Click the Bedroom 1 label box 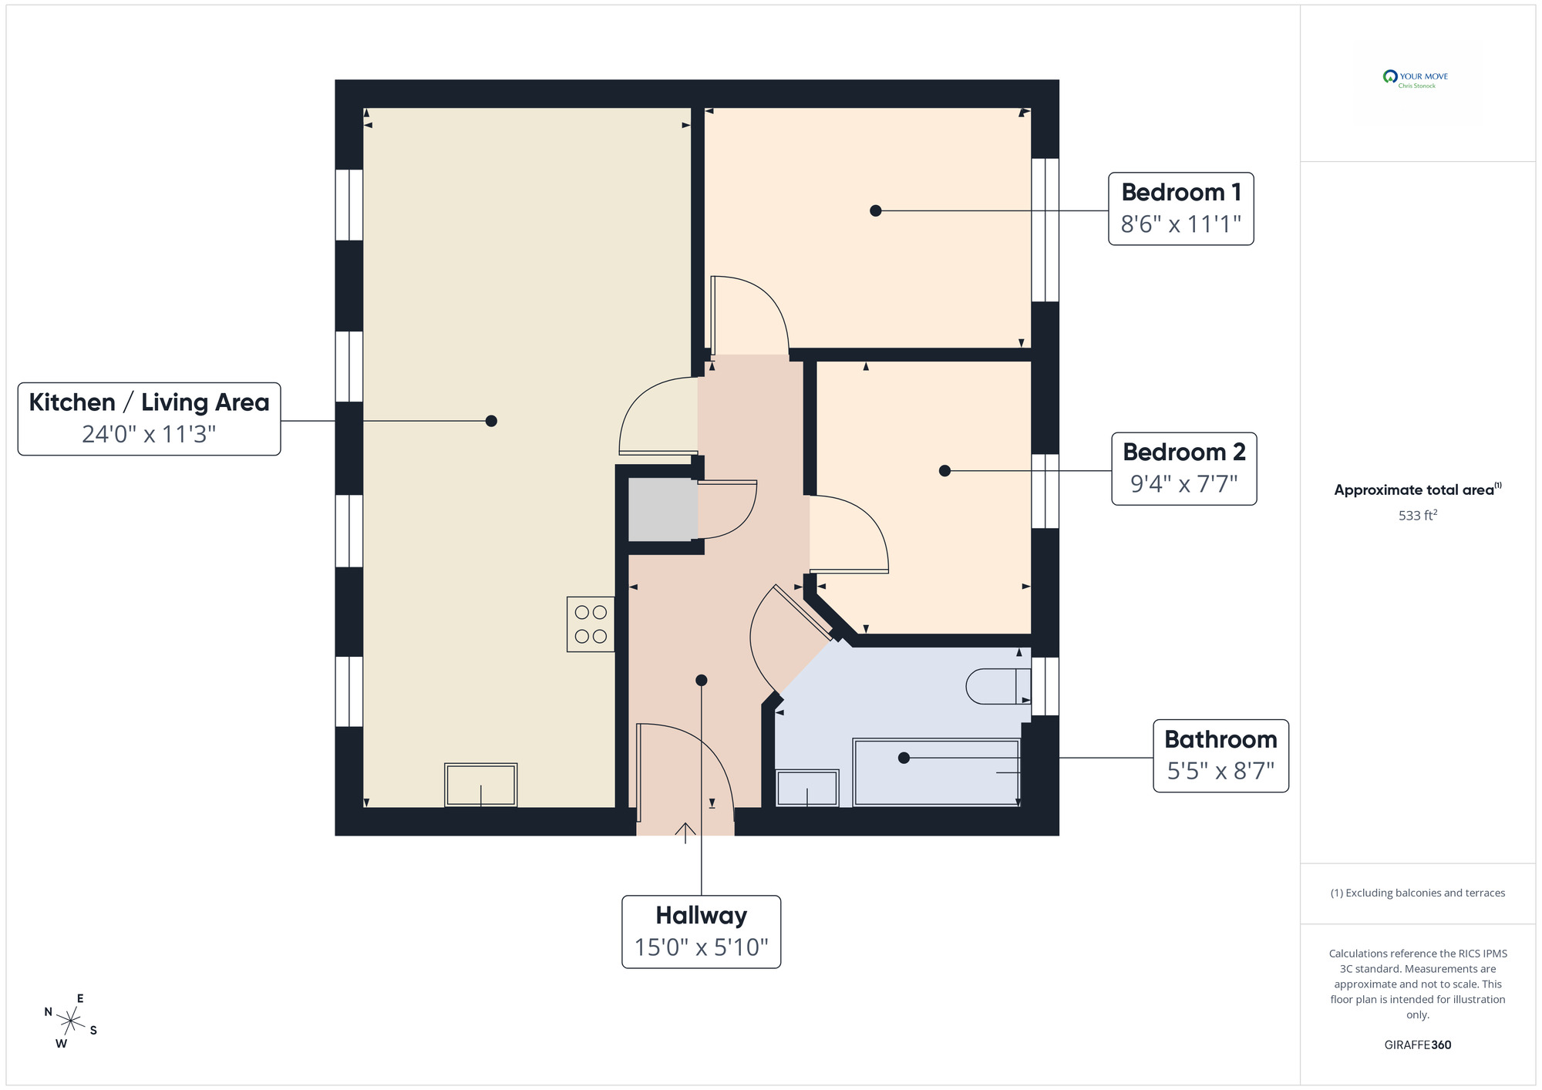pos(1180,209)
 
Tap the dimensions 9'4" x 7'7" pos(1183,484)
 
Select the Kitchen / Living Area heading pos(149,402)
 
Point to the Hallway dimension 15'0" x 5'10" pos(701,947)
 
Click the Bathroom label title pos(1220,739)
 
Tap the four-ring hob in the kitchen pos(591,624)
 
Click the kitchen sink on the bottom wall pos(480,785)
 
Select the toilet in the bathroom pos(998,686)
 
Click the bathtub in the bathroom pos(937,772)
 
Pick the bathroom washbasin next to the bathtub pos(806,788)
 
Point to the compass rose pos(70,1022)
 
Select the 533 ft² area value pos(1417,515)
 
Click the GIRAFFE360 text pos(1417,1045)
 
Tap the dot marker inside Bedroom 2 pos(944,471)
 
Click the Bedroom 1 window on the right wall pos(1045,230)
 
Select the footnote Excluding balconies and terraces pos(1417,893)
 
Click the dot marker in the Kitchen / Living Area pos(491,421)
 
